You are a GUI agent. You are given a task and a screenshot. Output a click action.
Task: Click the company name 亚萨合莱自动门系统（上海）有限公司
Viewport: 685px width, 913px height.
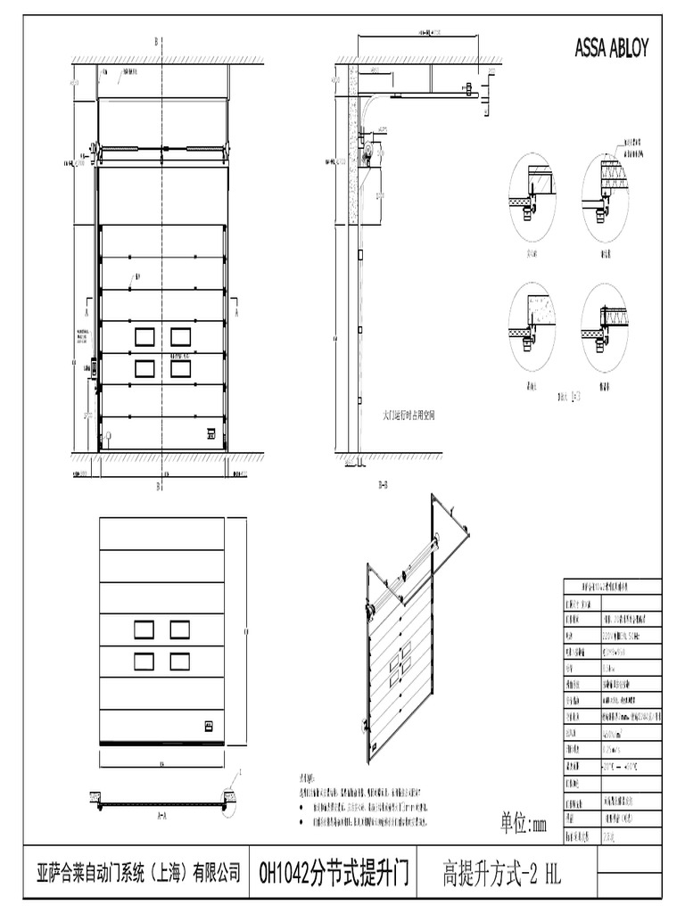pyautogui.click(x=138, y=871)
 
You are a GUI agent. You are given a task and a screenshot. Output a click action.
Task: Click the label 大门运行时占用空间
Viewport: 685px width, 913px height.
pyautogui.click(x=409, y=415)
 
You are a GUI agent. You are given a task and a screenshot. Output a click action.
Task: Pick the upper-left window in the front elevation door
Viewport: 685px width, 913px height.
pyautogui.click(x=144, y=336)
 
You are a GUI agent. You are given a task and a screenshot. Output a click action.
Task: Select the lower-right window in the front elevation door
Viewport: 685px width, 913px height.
pyautogui.click(x=180, y=368)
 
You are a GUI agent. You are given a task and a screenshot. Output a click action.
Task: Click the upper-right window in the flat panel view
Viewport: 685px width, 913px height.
pyautogui.click(x=180, y=629)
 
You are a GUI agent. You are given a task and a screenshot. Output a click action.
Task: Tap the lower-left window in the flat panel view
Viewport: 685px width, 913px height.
pyautogui.click(x=144, y=661)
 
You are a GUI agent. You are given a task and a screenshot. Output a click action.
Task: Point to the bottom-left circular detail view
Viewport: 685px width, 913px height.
pyautogui.click(x=532, y=323)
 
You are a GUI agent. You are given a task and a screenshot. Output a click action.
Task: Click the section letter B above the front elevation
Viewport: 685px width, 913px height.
pyautogui.click(x=157, y=41)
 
